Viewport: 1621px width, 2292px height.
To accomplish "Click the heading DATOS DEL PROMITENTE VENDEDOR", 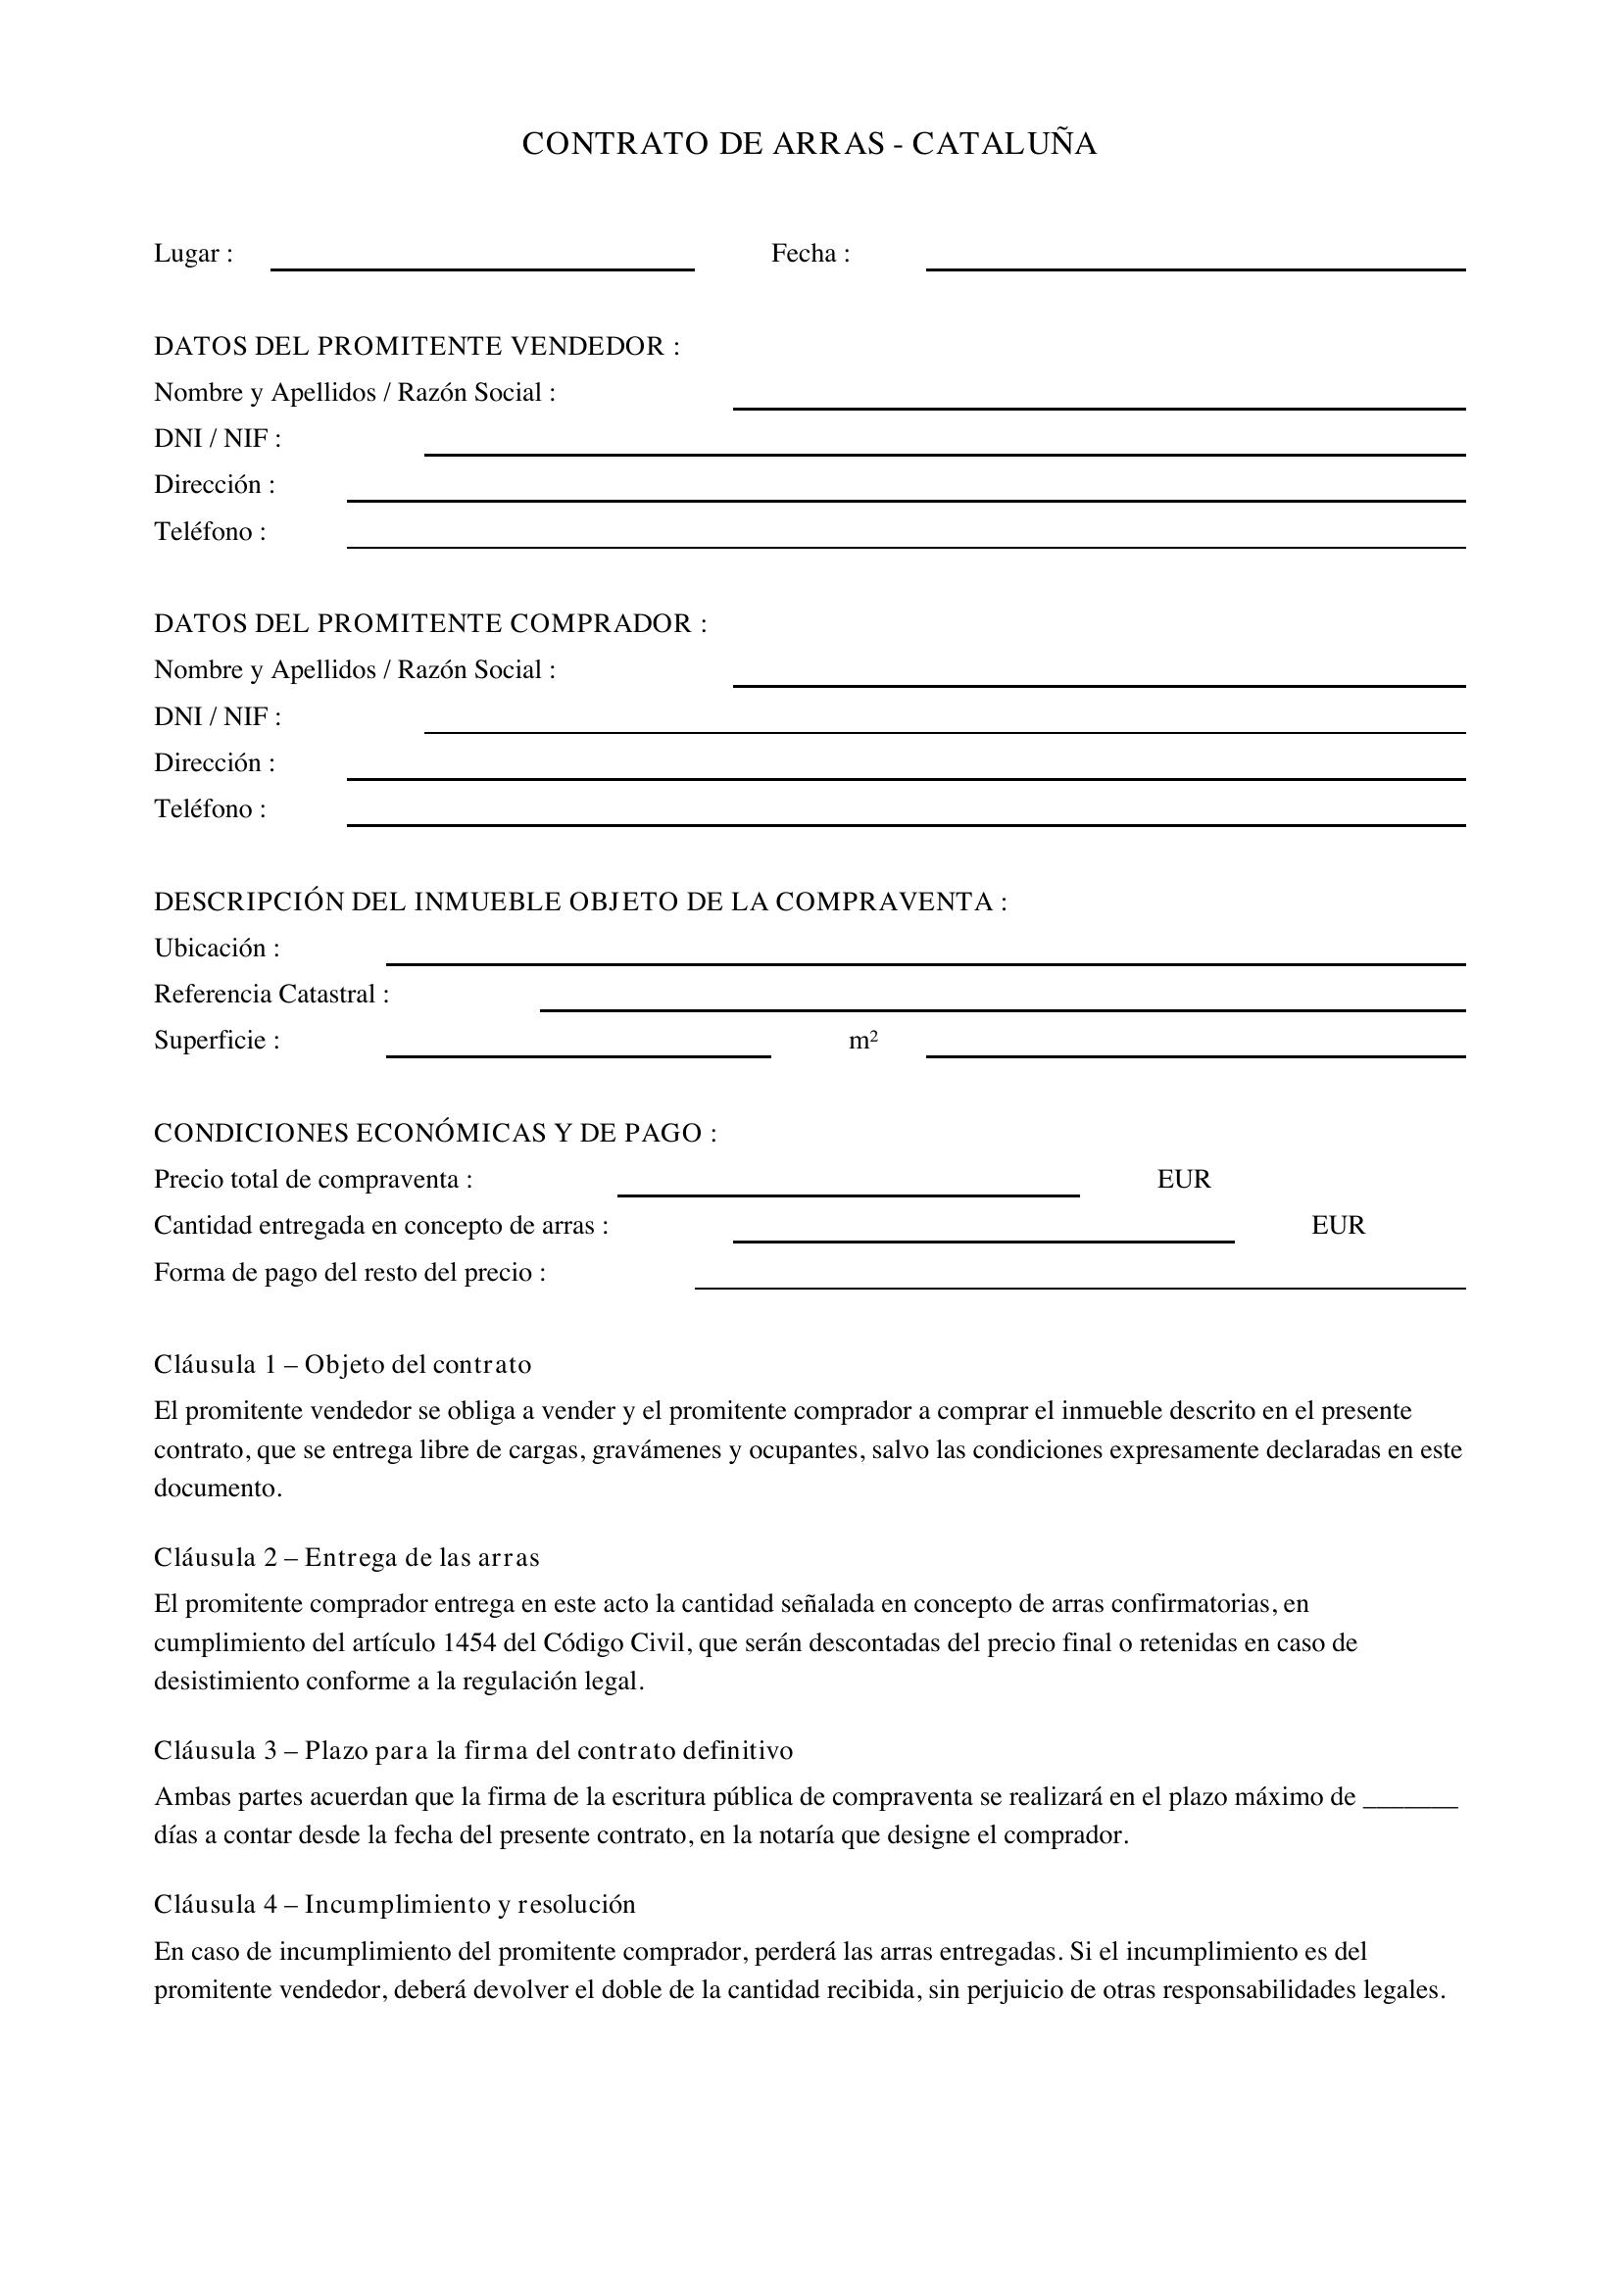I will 417,346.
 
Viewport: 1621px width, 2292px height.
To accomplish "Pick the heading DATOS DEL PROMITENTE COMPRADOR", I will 430,624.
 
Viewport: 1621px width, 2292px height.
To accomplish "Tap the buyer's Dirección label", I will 214,763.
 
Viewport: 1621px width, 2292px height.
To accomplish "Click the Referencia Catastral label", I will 270,995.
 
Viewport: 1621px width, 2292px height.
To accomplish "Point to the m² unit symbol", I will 863,1041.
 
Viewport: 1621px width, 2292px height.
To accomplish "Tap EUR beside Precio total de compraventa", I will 1183,1180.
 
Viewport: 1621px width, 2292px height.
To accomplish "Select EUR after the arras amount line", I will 1338,1226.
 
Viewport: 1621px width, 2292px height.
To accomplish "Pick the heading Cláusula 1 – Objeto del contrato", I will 342,1365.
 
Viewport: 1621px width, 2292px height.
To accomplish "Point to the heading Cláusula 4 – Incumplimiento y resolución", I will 394,1905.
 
